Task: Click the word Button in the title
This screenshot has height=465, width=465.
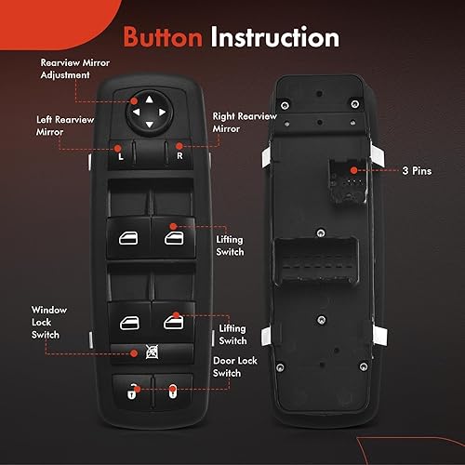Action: pos(164,37)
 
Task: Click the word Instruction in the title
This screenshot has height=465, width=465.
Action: pos(273,37)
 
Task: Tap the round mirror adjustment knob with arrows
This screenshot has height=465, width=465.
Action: pos(149,110)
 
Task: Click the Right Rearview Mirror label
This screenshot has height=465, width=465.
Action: pos(244,123)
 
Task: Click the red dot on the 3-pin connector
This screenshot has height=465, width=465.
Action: pos(352,170)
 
